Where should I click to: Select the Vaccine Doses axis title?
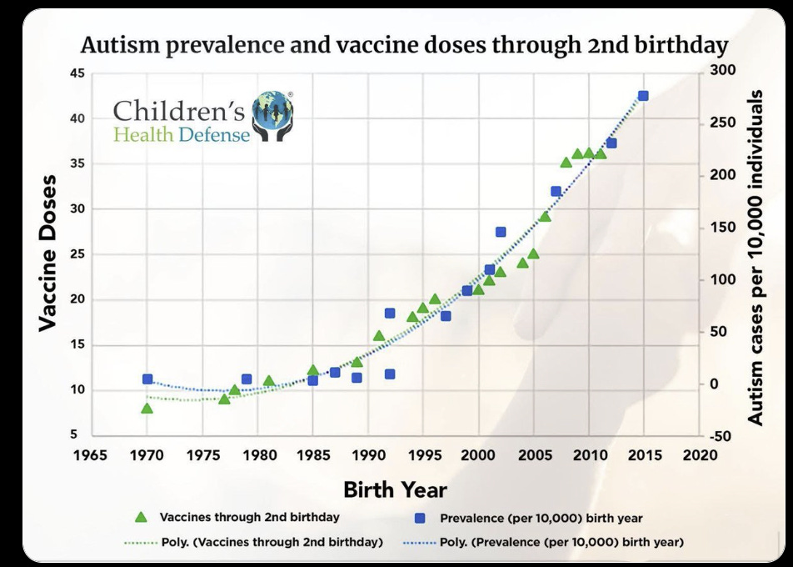coord(47,253)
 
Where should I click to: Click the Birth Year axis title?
coord(395,489)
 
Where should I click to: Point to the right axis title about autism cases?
coord(755,258)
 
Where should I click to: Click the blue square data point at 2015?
coord(643,97)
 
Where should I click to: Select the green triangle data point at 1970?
coord(147,408)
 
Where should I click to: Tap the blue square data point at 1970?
coord(147,379)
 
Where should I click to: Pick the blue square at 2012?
coord(611,143)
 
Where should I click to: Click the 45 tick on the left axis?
coord(77,73)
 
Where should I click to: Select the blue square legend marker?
coord(420,518)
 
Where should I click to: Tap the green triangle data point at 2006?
coord(545,217)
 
